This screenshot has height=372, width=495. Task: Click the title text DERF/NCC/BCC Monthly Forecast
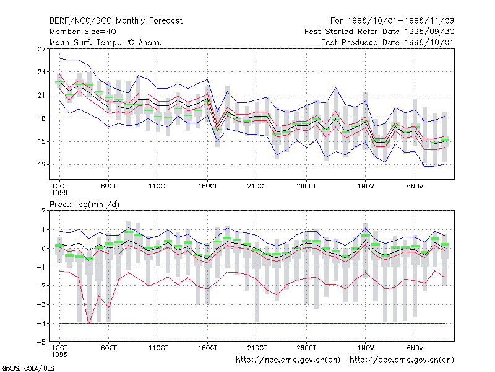[x=116, y=21]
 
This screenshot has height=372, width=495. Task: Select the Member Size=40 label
[x=83, y=32]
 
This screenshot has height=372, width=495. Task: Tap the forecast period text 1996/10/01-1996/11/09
[x=401, y=21]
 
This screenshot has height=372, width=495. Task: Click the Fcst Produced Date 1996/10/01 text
[x=388, y=42]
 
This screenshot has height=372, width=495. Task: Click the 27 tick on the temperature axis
[x=41, y=49]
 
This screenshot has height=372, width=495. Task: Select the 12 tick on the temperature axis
[x=41, y=165]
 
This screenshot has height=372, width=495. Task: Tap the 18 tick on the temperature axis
[x=41, y=118]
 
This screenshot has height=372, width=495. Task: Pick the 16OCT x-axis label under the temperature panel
[x=207, y=187]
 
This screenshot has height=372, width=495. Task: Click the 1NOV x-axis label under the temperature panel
[x=366, y=187]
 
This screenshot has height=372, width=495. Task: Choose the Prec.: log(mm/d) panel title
[x=84, y=205]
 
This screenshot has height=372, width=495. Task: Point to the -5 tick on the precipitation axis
[x=41, y=342]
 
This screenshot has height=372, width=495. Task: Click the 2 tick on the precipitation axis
[x=43, y=211]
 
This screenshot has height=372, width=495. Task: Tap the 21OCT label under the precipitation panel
[x=257, y=348]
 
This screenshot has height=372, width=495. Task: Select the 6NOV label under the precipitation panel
[x=415, y=348]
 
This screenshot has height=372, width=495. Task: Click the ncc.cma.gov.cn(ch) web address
[x=288, y=360]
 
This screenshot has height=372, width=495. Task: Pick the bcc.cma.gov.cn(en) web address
[x=402, y=360]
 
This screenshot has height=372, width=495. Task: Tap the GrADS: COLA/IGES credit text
[x=28, y=368]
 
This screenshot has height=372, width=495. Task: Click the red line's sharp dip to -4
[x=88, y=323]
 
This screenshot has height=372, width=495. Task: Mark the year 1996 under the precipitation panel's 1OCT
[x=59, y=355]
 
